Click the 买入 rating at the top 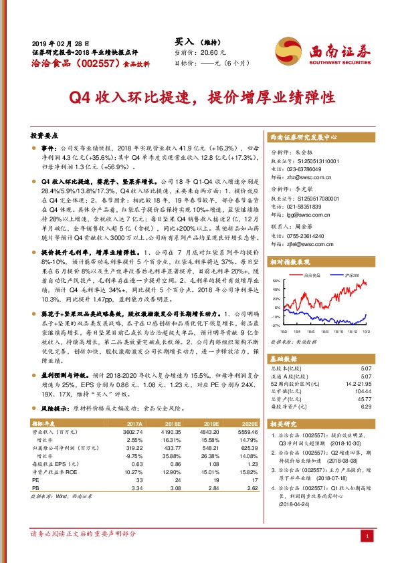(x=175, y=41)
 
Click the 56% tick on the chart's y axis (x=276, y=300)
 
